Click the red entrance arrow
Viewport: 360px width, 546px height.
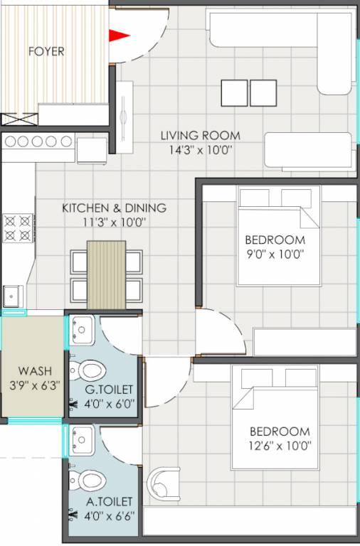tap(119, 34)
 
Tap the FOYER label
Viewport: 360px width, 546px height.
tap(46, 52)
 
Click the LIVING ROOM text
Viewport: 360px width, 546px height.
tap(200, 135)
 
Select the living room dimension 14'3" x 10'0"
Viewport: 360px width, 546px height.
tap(200, 150)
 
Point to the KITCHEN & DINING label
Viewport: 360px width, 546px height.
tap(114, 208)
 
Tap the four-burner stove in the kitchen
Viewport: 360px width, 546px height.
tap(17, 227)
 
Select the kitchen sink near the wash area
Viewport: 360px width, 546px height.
tap(13, 295)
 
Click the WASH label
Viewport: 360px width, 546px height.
tap(33, 370)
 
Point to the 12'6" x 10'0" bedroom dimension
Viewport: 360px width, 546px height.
tap(279, 446)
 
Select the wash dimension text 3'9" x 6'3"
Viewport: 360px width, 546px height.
tap(33, 385)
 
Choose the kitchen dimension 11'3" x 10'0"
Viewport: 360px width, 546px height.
tap(114, 223)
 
